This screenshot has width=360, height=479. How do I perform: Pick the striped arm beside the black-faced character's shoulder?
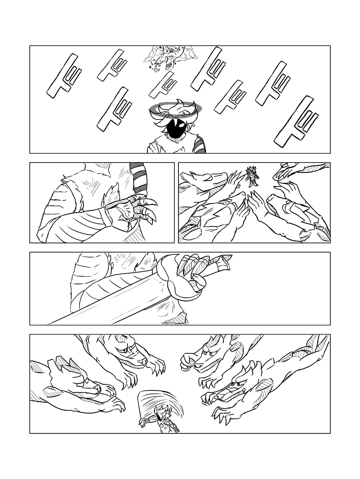tap(200, 144)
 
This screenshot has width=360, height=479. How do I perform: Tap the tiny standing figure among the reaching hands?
tap(252, 176)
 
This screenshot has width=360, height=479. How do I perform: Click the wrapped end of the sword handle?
tap(221, 261)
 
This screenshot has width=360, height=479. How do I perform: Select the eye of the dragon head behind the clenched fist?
tap(206, 351)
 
